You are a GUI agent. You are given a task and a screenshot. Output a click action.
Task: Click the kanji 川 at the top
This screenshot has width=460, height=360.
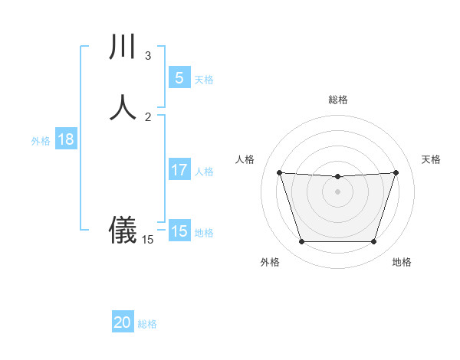coord(123,47)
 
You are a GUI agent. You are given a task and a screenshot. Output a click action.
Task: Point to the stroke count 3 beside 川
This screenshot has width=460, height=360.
coord(148,56)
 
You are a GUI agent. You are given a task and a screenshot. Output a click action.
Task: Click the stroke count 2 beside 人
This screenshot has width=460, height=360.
coord(148,116)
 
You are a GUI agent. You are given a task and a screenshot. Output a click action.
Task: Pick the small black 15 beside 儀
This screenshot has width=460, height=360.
coord(148,240)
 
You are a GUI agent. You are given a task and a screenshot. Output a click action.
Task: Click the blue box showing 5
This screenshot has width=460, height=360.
coord(179,78)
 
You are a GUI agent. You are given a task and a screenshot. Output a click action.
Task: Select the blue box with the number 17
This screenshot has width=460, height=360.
coord(179,170)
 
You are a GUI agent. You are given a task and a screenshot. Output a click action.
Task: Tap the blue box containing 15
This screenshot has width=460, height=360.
coord(179,231)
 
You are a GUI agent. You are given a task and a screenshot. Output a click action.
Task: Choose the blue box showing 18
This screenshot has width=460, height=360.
coord(65,139)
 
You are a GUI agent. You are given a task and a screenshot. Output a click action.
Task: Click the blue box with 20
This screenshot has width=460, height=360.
coord(123,323)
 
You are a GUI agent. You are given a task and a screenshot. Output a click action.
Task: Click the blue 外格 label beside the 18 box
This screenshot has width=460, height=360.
coord(41,140)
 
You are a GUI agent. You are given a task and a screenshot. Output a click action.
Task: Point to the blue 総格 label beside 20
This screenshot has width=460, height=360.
coord(147,324)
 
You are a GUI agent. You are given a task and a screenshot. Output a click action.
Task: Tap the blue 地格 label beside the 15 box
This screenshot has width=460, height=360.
coord(204,232)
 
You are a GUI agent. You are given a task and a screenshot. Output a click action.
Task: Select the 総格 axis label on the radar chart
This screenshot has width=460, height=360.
coord(337,100)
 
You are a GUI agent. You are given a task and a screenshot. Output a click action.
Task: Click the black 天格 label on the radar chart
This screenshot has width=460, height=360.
coord(432,159)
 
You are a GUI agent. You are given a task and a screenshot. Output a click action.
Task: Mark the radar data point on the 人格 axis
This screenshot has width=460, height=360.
coord(279,172)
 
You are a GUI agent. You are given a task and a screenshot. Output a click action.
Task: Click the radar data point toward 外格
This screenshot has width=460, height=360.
coord(301,242)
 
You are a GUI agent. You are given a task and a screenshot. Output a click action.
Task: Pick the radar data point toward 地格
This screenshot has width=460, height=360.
coord(373,242)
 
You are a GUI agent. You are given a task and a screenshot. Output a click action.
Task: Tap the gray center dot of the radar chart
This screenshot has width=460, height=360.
coord(337,191)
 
